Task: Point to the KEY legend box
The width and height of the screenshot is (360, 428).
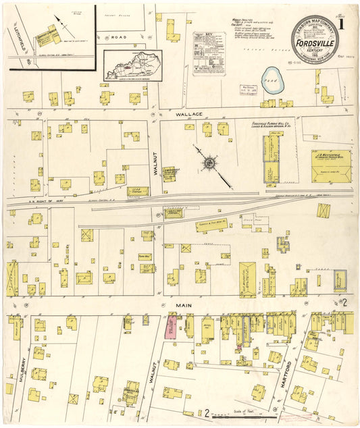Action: [x=208, y=52]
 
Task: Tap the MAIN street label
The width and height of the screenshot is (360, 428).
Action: [x=185, y=305]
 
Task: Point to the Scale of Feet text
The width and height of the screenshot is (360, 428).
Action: [x=242, y=412]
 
